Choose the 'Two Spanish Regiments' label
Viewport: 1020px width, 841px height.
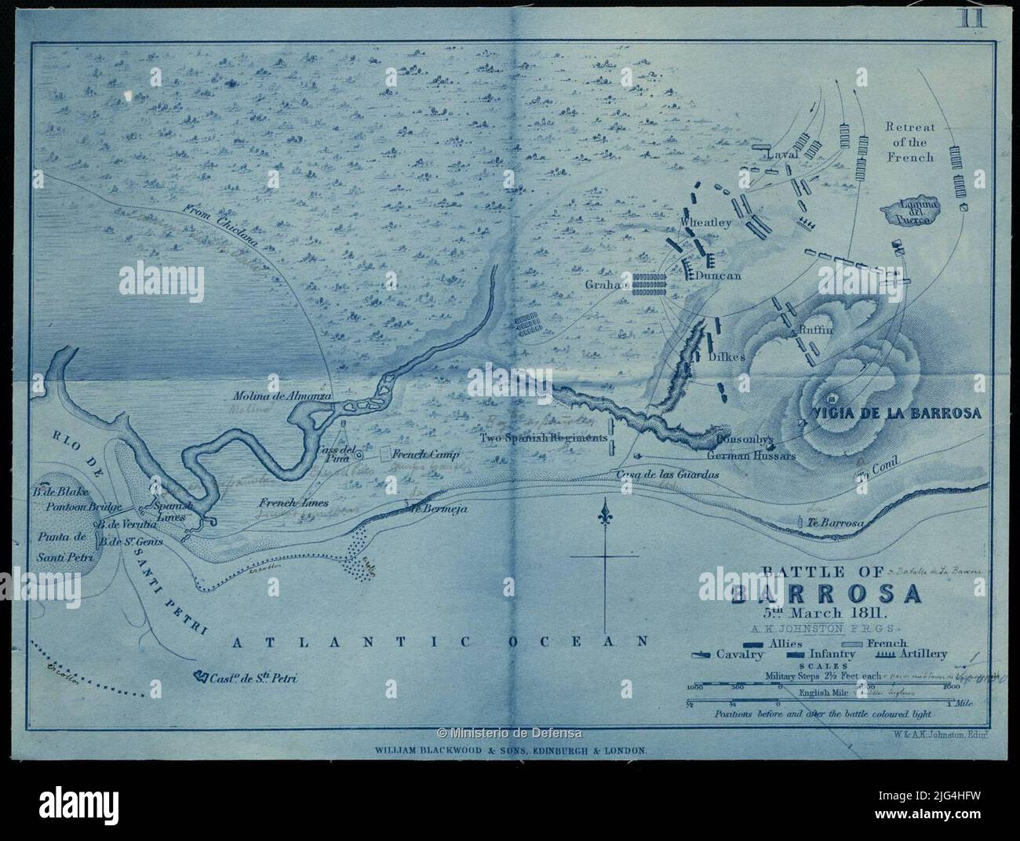[x=544, y=437]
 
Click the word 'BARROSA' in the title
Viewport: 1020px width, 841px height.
[x=825, y=594]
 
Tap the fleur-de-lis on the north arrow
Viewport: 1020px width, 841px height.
[x=603, y=518]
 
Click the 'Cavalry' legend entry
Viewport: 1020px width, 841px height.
[x=739, y=654]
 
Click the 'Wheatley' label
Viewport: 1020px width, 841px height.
[x=707, y=223]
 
